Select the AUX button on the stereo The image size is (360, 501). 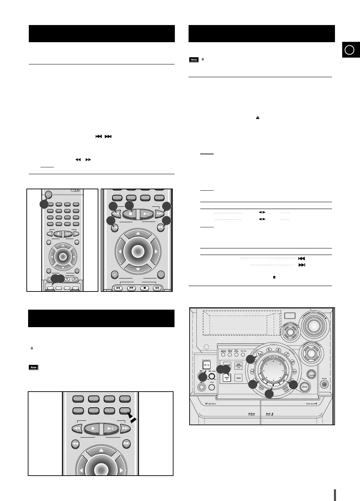239,378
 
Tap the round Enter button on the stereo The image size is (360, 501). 305,386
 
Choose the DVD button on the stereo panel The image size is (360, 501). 239,366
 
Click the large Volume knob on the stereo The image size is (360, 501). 313,326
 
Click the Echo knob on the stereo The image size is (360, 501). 212,387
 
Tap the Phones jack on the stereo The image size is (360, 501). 324,384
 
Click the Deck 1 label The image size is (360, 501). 252,414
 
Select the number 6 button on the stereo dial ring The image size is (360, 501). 278,349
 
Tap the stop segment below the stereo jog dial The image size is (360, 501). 273,385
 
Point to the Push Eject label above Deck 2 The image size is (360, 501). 312,404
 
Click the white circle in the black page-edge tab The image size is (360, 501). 349,50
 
